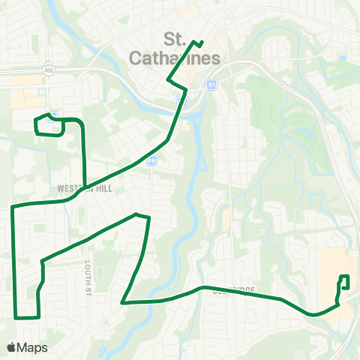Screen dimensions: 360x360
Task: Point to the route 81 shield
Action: click(x=213, y=85)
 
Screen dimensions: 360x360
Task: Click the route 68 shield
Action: click(x=152, y=160)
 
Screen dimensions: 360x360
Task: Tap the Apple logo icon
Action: click(x=12, y=347)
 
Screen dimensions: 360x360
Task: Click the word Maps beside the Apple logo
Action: click(x=33, y=347)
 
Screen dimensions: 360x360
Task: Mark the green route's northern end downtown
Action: click(x=202, y=40)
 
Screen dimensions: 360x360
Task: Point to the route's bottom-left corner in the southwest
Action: click(x=16, y=316)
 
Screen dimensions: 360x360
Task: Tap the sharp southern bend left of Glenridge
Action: click(x=123, y=302)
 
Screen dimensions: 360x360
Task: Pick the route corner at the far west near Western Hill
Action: click(x=13, y=205)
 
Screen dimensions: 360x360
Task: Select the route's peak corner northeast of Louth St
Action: click(x=136, y=214)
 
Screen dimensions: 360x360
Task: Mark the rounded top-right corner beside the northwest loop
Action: click(x=80, y=121)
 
